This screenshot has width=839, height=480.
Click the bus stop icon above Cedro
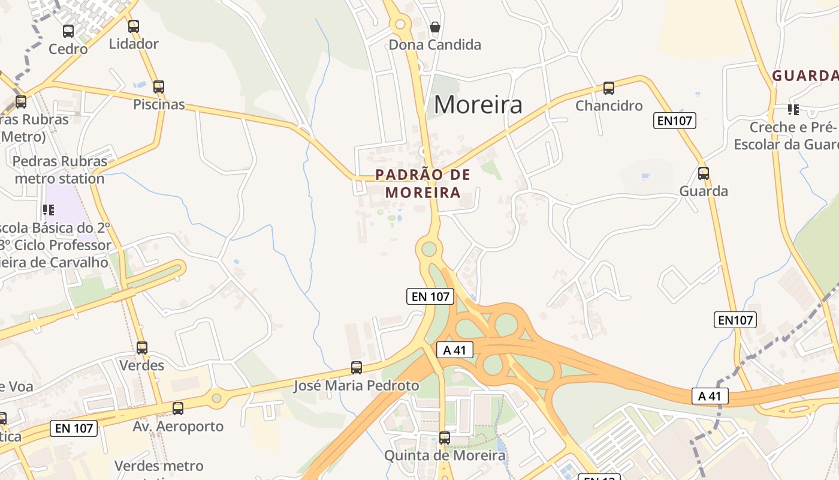pos(68,31)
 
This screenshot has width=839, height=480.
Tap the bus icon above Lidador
pos(134,26)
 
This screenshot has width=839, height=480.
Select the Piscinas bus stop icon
pos(159,87)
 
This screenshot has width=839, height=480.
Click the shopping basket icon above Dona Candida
pos(435,27)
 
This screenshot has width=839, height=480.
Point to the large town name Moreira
pos(478,105)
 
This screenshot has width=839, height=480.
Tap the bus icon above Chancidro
pos(609,88)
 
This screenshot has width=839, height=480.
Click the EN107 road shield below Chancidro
pos(675,121)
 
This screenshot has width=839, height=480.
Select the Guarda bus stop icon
pos(704,173)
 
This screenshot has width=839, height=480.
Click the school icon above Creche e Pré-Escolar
pos(793,109)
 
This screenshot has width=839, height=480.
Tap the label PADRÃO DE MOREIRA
pos(423,184)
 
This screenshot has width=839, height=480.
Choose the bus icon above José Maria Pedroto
pos(357,368)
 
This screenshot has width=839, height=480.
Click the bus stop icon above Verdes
pos(142,348)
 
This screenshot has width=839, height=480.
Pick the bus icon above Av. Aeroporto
pos(178,409)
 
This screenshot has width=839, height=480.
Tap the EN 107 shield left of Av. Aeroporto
pos(73,428)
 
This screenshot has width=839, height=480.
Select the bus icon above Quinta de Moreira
pos(445,438)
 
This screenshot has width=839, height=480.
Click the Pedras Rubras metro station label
pos(60,170)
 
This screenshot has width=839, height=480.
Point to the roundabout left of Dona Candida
pos(400,25)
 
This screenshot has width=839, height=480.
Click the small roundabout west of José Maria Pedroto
pos(216,397)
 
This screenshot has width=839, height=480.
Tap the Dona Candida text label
pos(435,45)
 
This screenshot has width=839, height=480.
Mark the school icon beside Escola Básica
pos(49,210)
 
